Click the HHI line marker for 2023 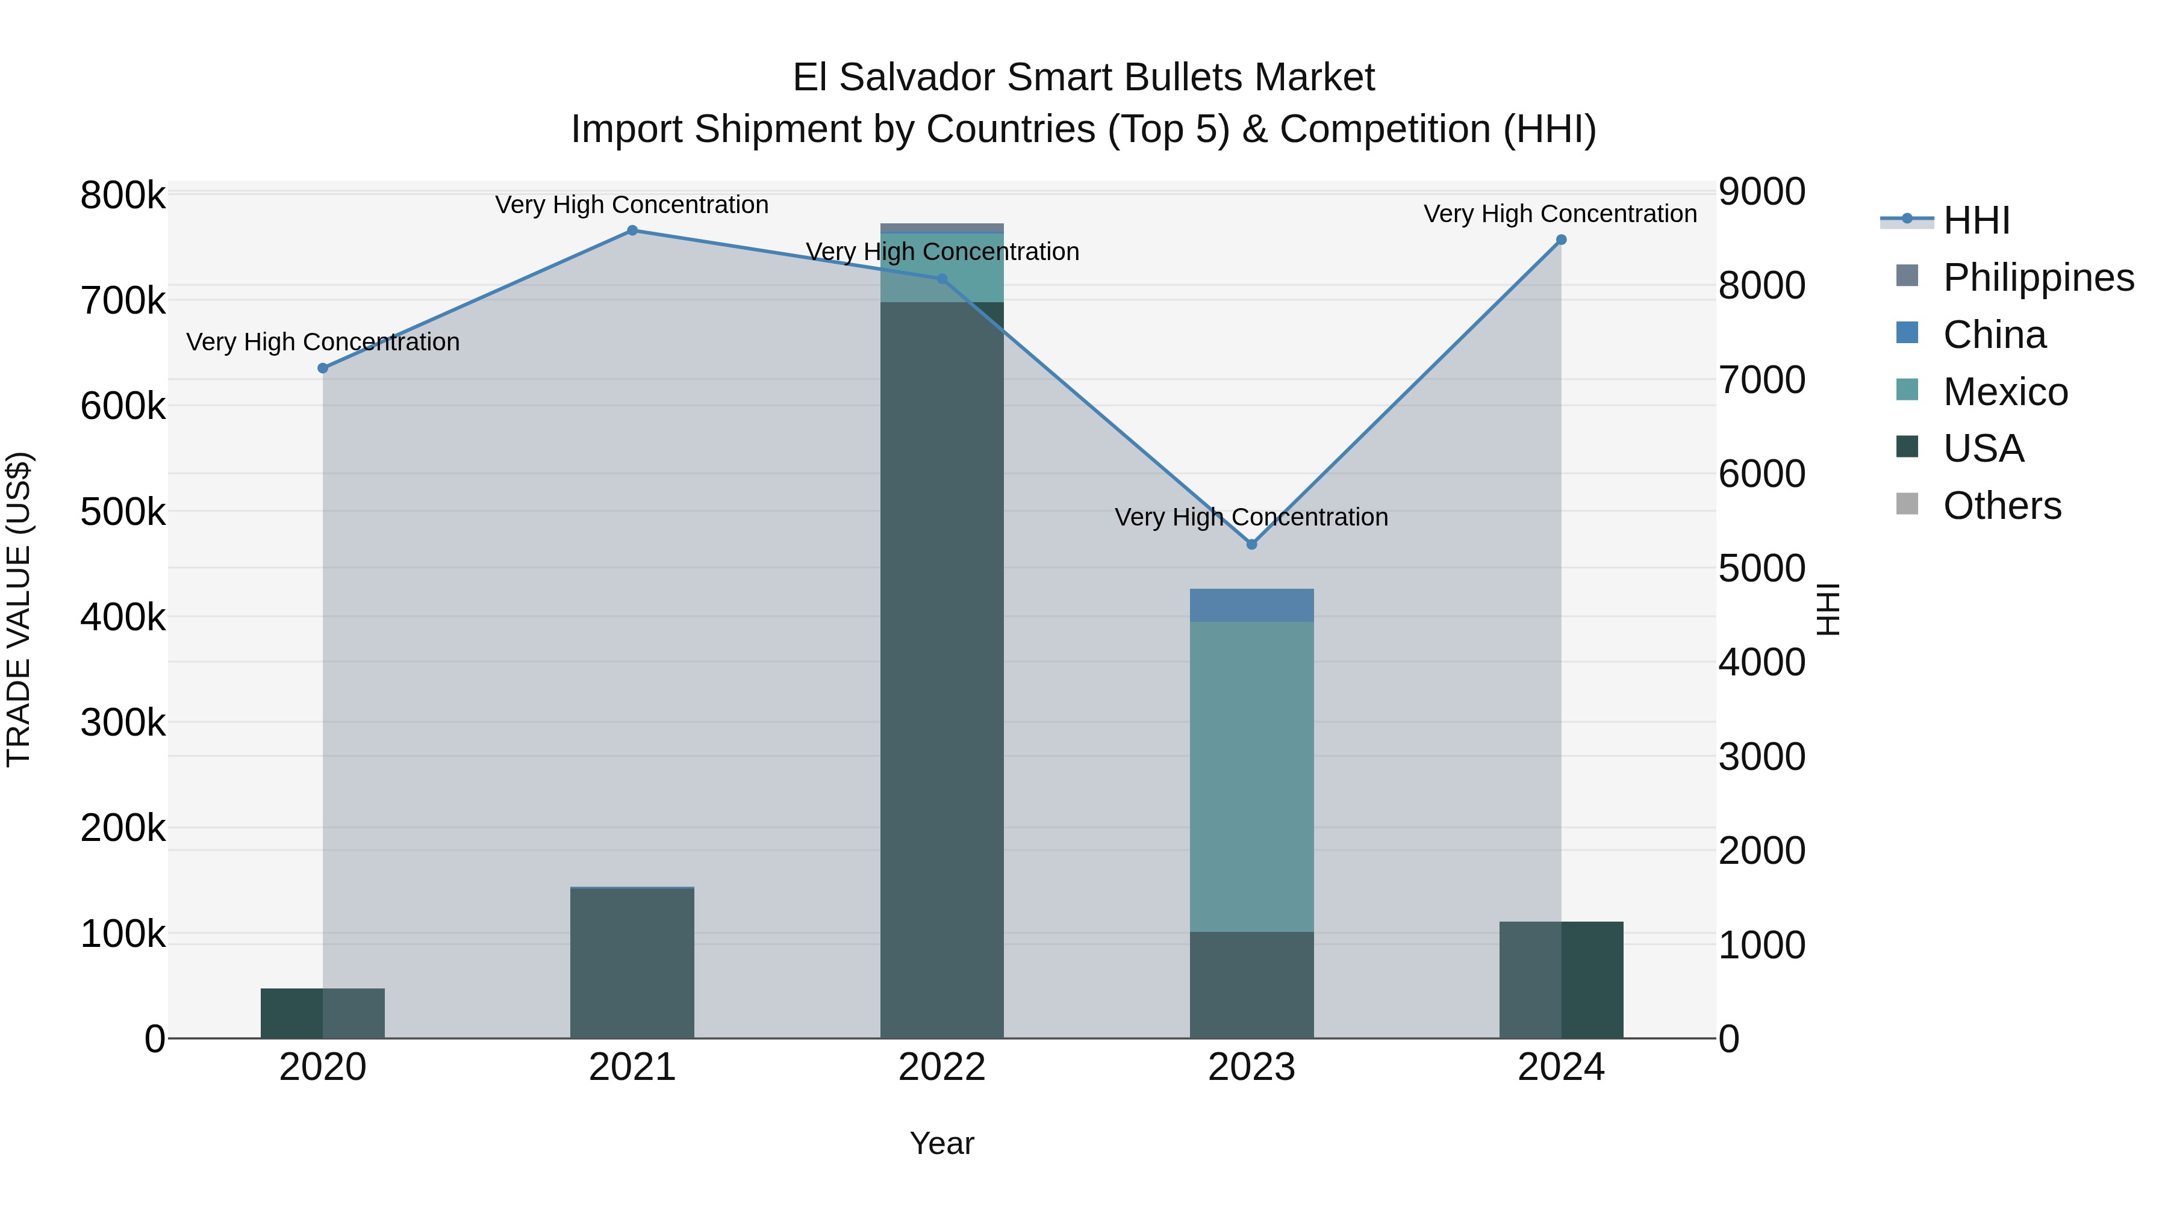click(x=1251, y=544)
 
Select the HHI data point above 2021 click(x=632, y=231)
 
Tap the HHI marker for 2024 click(x=1561, y=240)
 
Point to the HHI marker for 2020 click(x=322, y=368)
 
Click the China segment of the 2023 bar click(x=1251, y=605)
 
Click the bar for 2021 click(x=632, y=963)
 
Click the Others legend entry click(x=2001, y=506)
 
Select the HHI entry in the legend click(x=1976, y=220)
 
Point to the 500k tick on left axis click(x=123, y=512)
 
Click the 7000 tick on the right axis click(x=1761, y=379)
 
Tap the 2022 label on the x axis click(x=942, y=1067)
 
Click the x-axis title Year click(x=942, y=1143)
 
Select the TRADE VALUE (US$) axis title click(x=19, y=609)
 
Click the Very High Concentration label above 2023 click(x=1251, y=516)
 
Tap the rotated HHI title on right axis click(x=1828, y=609)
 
